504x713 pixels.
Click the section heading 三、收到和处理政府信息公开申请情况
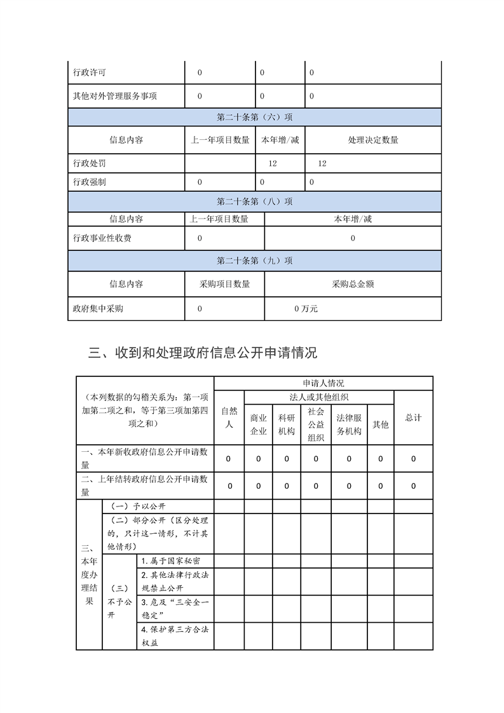point(203,353)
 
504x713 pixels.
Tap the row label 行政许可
point(90,73)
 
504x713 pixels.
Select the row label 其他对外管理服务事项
point(115,97)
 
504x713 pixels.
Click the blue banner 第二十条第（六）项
point(254,118)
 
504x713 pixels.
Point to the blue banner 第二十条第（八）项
point(254,201)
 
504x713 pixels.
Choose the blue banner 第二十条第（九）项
point(254,261)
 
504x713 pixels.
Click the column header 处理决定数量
point(373,140)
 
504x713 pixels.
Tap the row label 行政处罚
point(90,164)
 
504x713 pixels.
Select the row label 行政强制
point(90,182)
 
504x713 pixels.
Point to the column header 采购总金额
point(353,284)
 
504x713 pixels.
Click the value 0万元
point(306,309)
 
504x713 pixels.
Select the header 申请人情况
point(324,383)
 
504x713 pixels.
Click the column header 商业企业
point(259,424)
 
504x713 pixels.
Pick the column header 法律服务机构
point(349,424)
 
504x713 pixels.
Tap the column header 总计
point(413,418)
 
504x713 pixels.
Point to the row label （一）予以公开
point(138,506)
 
